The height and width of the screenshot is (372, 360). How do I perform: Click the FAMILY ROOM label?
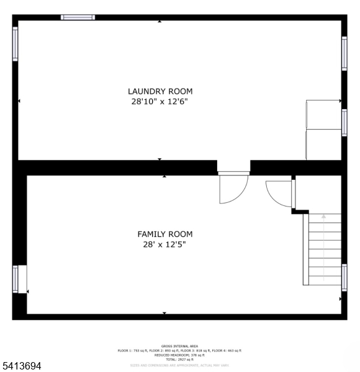click(x=164, y=234)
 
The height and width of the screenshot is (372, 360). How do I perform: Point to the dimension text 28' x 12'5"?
click(x=164, y=244)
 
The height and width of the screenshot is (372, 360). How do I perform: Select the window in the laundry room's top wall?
click(x=78, y=17)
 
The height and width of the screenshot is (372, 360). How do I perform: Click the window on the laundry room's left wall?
click(x=16, y=43)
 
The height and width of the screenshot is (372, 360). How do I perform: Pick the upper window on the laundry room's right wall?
click(x=344, y=53)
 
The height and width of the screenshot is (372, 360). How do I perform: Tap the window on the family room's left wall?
click(x=16, y=278)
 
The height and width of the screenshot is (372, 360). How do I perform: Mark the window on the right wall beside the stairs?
click(x=344, y=277)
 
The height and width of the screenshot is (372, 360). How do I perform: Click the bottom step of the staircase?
click(x=323, y=280)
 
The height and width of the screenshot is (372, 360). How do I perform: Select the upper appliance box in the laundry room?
click(x=323, y=114)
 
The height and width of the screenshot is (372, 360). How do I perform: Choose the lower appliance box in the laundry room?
click(x=323, y=144)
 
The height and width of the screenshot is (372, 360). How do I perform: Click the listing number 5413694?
click(x=21, y=366)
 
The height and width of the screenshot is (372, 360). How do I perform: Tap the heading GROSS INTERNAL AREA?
click(x=179, y=346)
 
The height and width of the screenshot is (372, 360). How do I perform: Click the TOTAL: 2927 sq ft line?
click(x=179, y=360)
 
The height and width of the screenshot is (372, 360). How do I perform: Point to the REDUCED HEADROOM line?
click(x=179, y=355)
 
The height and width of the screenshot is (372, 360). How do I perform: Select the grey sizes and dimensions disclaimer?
click(x=179, y=365)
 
